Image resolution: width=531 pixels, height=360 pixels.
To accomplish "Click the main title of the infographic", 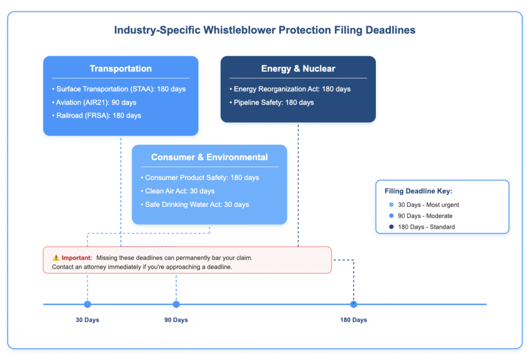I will tap(264, 30).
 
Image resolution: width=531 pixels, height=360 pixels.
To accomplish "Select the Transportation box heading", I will tap(120, 68).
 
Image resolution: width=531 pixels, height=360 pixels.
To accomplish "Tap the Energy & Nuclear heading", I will tap(298, 68).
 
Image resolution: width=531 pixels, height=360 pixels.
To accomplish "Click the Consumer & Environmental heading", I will tap(209, 157).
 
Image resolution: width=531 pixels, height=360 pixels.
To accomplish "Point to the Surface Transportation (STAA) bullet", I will tap(119, 89).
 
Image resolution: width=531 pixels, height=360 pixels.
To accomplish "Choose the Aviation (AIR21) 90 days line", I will tap(94, 102).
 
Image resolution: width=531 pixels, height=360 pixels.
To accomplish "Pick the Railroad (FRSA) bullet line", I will tap(96, 116).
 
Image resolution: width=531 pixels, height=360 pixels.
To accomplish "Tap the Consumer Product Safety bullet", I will tap(200, 177).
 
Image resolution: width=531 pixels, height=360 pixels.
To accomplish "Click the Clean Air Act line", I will tap(177, 191).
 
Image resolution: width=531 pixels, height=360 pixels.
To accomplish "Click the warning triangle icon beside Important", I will tap(56, 258).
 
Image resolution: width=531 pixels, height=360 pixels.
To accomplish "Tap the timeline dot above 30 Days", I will tap(87, 304).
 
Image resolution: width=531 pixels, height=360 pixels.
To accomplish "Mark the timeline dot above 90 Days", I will tap(176, 304).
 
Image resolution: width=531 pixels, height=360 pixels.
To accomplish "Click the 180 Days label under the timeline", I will tap(354, 320).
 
